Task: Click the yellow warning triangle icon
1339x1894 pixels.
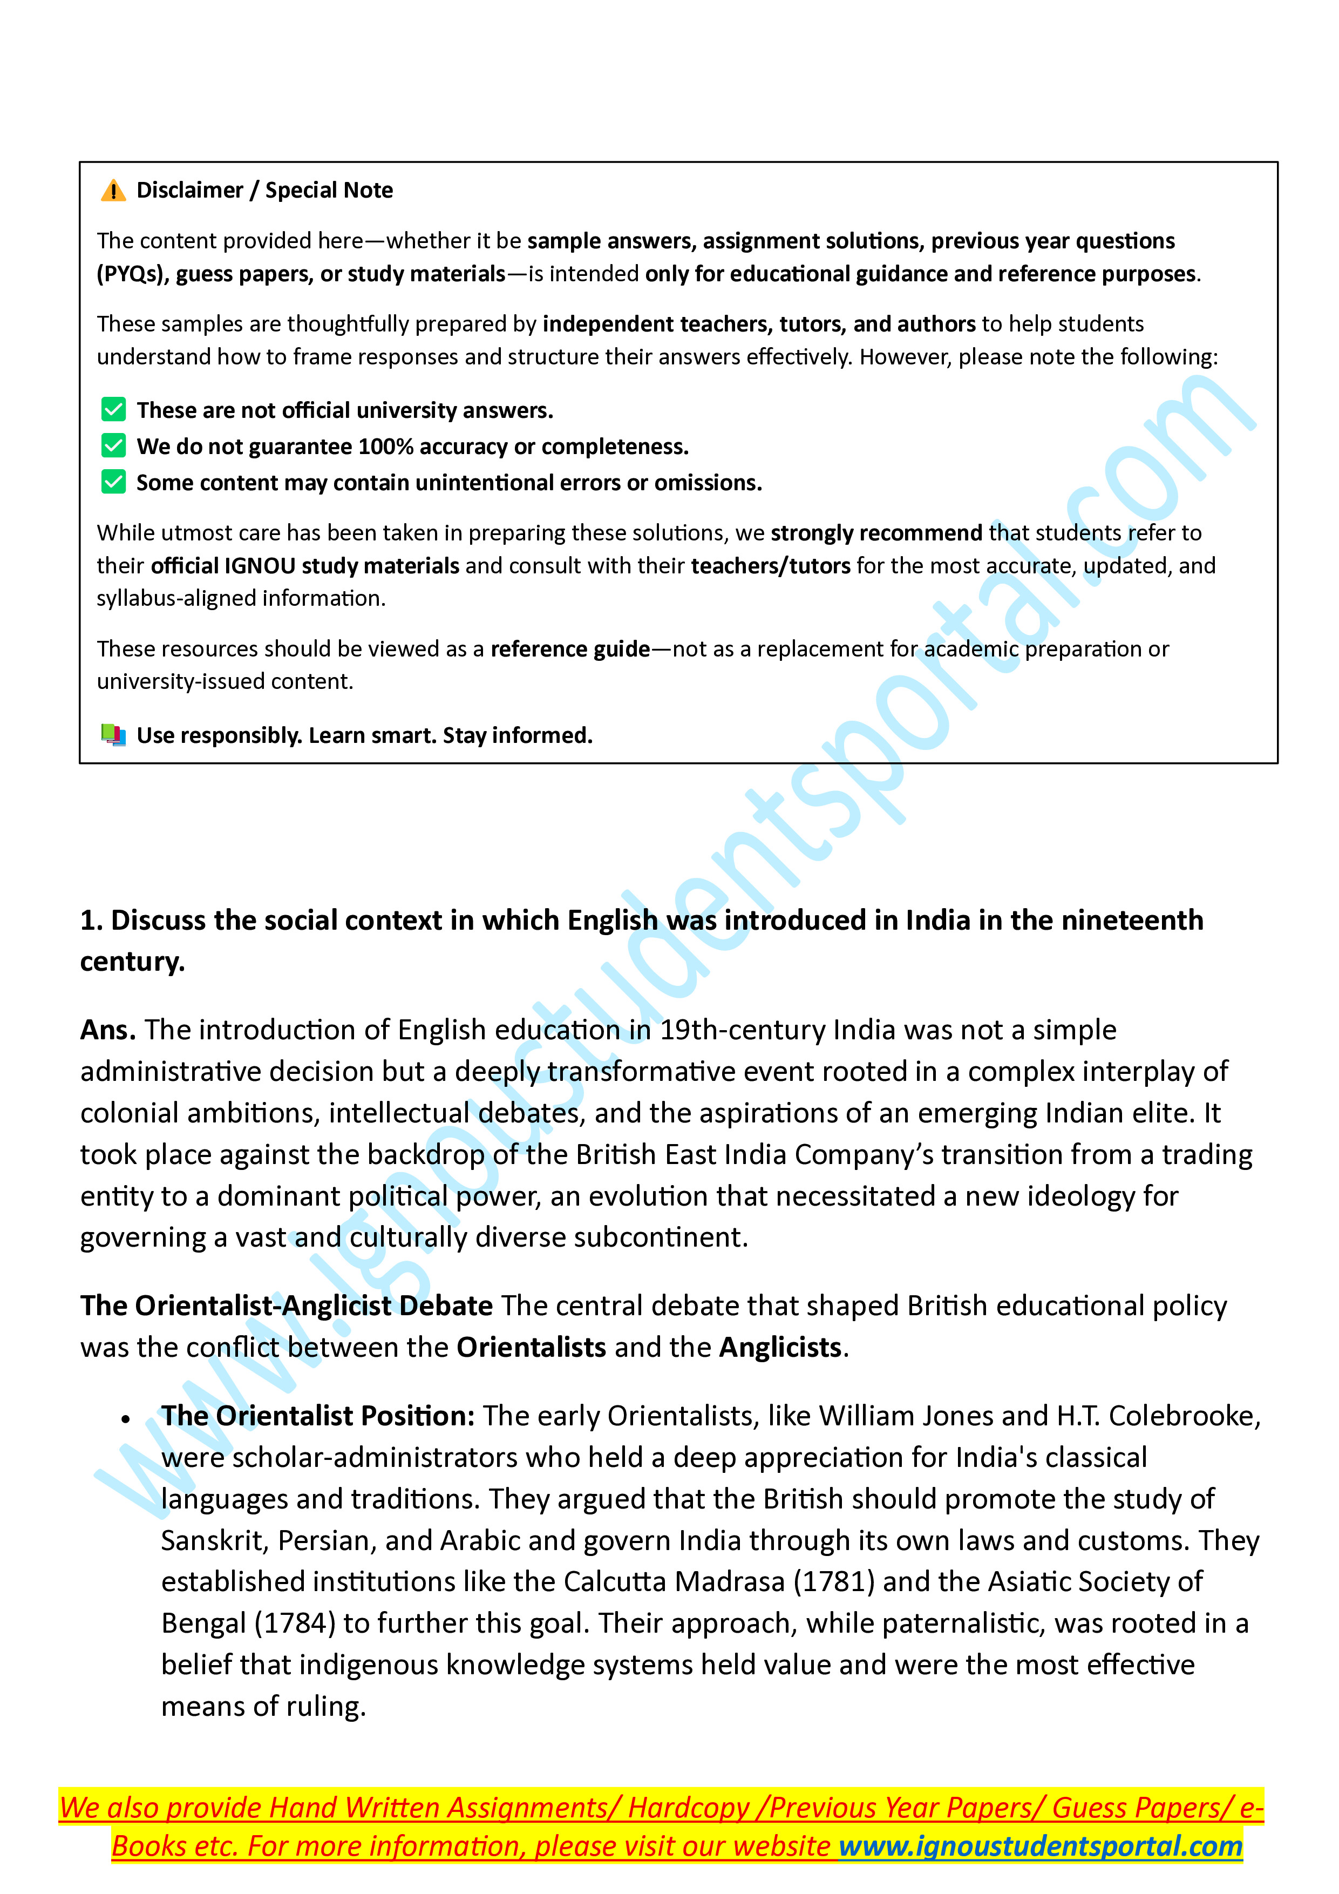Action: (x=113, y=191)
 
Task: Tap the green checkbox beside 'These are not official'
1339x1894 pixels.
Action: (x=114, y=409)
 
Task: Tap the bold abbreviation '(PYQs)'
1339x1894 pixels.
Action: (x=133, y=274)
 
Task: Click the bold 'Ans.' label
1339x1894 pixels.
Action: (x=108, y=1030)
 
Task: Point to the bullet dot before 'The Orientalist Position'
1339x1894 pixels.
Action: (x=125, y=1419)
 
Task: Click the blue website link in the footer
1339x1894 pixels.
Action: (x=1041, y=1846)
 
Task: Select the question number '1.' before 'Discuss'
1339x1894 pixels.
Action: (x=91, y=921)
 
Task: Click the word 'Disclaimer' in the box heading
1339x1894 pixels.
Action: (x=189, y=191)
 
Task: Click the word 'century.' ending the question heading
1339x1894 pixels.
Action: (x=132, y=962)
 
